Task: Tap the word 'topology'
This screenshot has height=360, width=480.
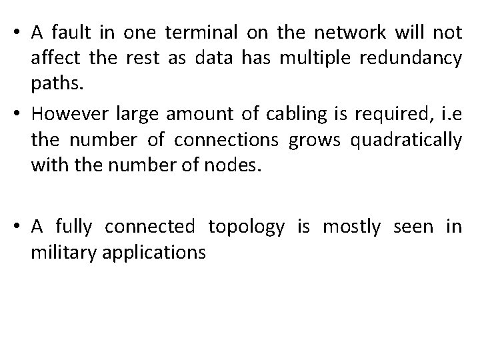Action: coord(246,227)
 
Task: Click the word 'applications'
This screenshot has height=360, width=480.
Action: coord(153,252)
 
